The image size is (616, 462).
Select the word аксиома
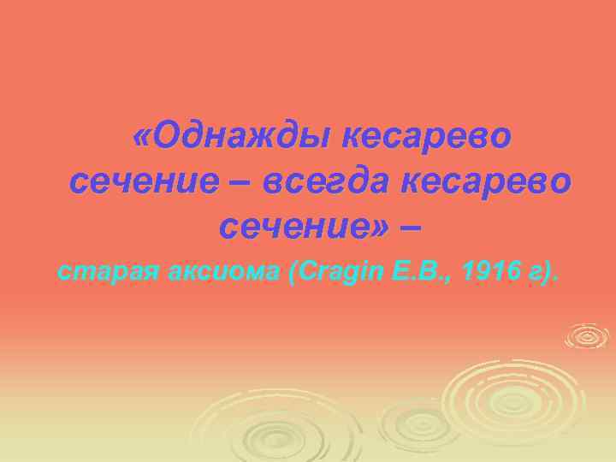(x=216, y=273)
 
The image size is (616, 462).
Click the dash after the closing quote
(x=411, y=227)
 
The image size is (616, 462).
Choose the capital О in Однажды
(x=169, y=137)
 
